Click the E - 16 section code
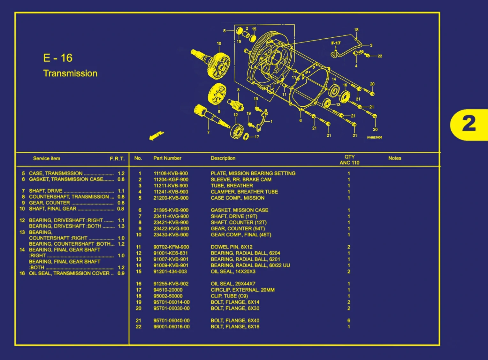[58, 58]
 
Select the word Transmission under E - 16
[70, 73]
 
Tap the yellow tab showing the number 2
[469, 124]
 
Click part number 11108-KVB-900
[171, 173]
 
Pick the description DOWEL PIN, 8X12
[232, 247]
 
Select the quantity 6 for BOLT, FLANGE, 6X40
[349, 320]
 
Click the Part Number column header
[167, 158]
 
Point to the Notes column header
[395, 158]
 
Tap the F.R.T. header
[117, 159]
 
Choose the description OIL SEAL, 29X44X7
[233, 284]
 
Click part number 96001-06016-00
[172, 327]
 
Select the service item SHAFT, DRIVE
[46, 191]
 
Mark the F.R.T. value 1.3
[121, 226]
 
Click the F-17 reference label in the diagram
[336, 43]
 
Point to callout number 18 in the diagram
[356, 30]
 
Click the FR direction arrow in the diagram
[156, 135]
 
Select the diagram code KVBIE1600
[374, 137]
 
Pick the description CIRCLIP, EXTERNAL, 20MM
[242, 290]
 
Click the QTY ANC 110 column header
[349, 160]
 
